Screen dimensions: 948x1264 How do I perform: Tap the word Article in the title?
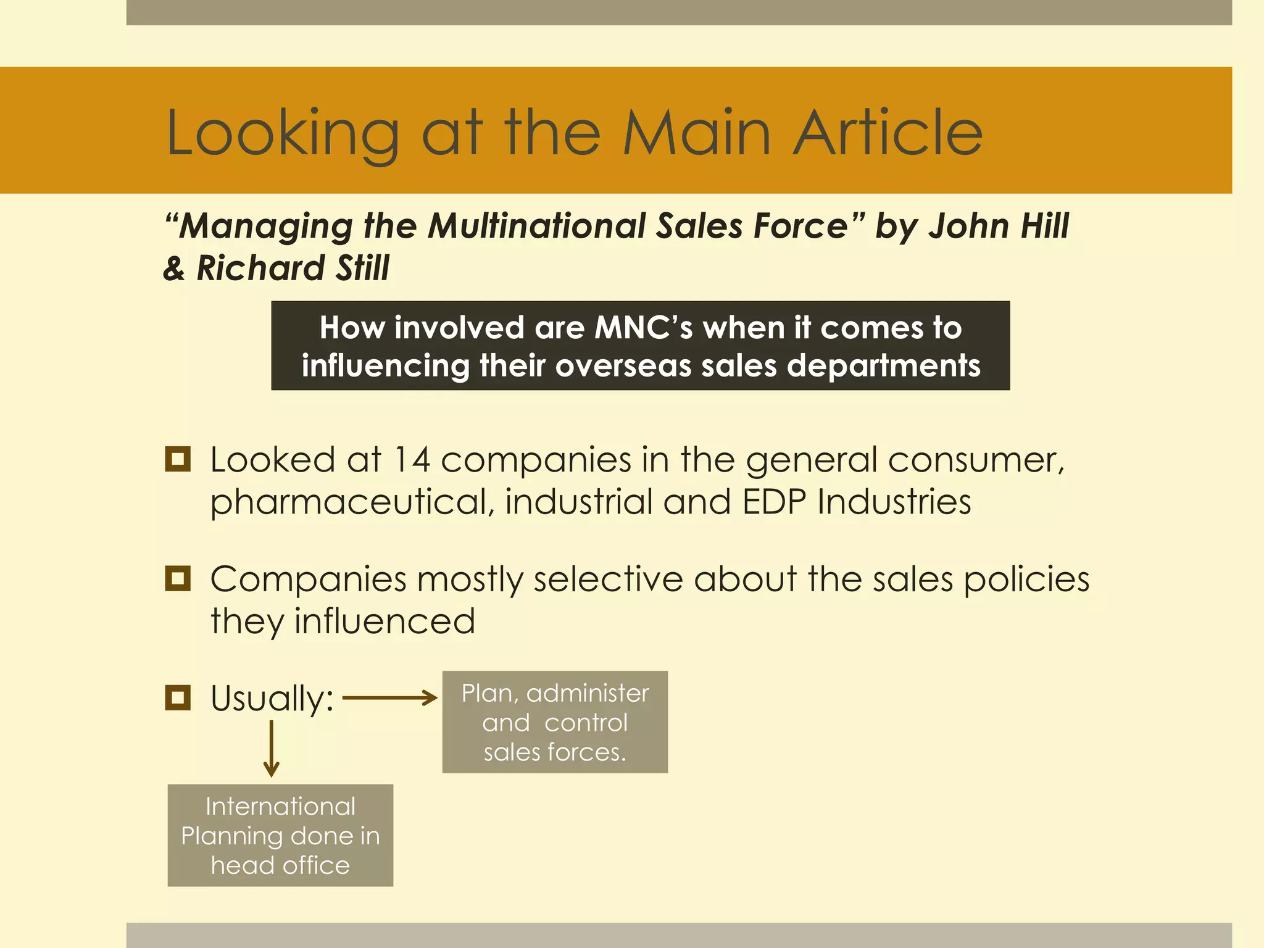point(888,132)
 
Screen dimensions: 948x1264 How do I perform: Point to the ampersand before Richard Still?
point(174,268)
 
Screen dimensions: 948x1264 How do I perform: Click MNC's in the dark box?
point(642,328)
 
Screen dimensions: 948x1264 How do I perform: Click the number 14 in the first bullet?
point(411,460)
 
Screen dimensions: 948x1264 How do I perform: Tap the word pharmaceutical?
point(352,502)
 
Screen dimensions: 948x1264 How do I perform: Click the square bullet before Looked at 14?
point(178,460)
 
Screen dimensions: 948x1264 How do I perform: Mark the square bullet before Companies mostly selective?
point(178,579)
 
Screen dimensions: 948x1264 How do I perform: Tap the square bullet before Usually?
point(178,698)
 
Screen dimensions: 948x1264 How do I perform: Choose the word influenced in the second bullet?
point(385,621)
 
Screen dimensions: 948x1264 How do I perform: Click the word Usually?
point(272,699)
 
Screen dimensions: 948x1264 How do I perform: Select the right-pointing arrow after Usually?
point(389,698)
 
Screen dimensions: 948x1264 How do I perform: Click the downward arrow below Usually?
point(272,749)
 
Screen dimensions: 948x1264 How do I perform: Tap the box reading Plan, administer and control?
point(555,722)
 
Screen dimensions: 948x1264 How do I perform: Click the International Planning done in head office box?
point(280,836)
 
